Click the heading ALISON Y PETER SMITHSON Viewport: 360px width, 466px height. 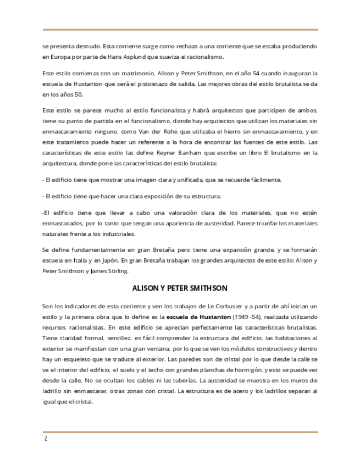(180, 288)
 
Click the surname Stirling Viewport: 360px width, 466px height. (115, 271)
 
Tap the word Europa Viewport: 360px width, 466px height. (54, 57)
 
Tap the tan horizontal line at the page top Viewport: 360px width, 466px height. (180, 29)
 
